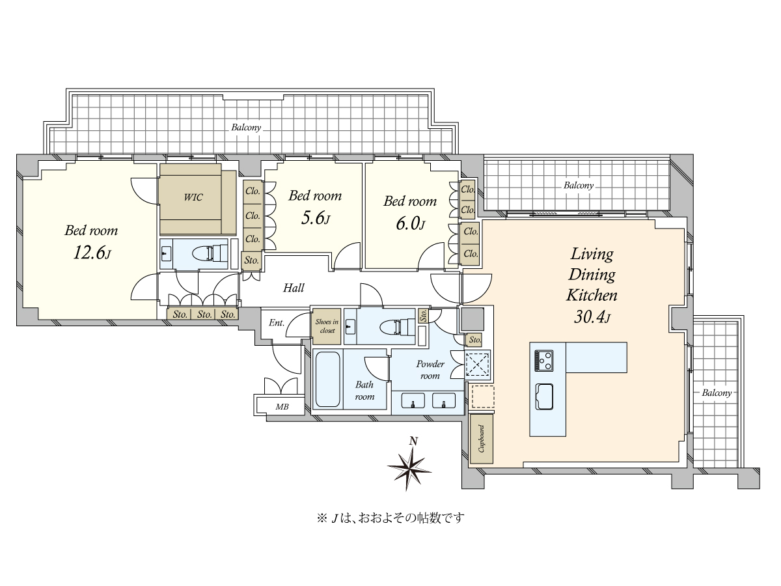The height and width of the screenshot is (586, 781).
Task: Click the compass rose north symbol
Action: coord(410,466)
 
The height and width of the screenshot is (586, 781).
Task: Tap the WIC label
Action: coord(193,197)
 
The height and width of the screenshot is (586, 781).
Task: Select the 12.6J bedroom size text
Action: coord(92,253)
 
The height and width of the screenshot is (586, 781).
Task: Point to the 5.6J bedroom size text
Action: coord(316,218)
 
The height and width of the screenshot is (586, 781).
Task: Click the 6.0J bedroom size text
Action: coord(411,224)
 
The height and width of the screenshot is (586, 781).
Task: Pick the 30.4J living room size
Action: coord(592,316)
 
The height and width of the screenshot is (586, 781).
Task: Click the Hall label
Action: coord(294,288)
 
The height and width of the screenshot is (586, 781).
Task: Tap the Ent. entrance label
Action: coord(277,323)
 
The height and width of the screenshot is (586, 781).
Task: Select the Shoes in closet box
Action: coord(327,326)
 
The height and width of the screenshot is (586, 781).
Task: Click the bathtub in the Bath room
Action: coord(327,379)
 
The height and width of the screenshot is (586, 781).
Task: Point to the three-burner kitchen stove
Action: coord(543,361)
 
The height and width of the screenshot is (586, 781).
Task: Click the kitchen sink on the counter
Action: coord(544,397)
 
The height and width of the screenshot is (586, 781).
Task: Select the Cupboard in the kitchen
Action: coord(482,439)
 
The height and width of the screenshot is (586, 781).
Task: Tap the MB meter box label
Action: coord(282,407)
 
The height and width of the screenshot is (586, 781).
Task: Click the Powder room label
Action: coord(430,370)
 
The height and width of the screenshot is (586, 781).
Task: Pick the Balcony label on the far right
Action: coord(717,393)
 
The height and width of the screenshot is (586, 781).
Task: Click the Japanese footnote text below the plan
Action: coord(390,518)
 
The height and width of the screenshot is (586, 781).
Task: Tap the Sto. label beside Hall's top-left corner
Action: coord(252,260)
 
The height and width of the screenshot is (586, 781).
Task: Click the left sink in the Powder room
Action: coord(413,400)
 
